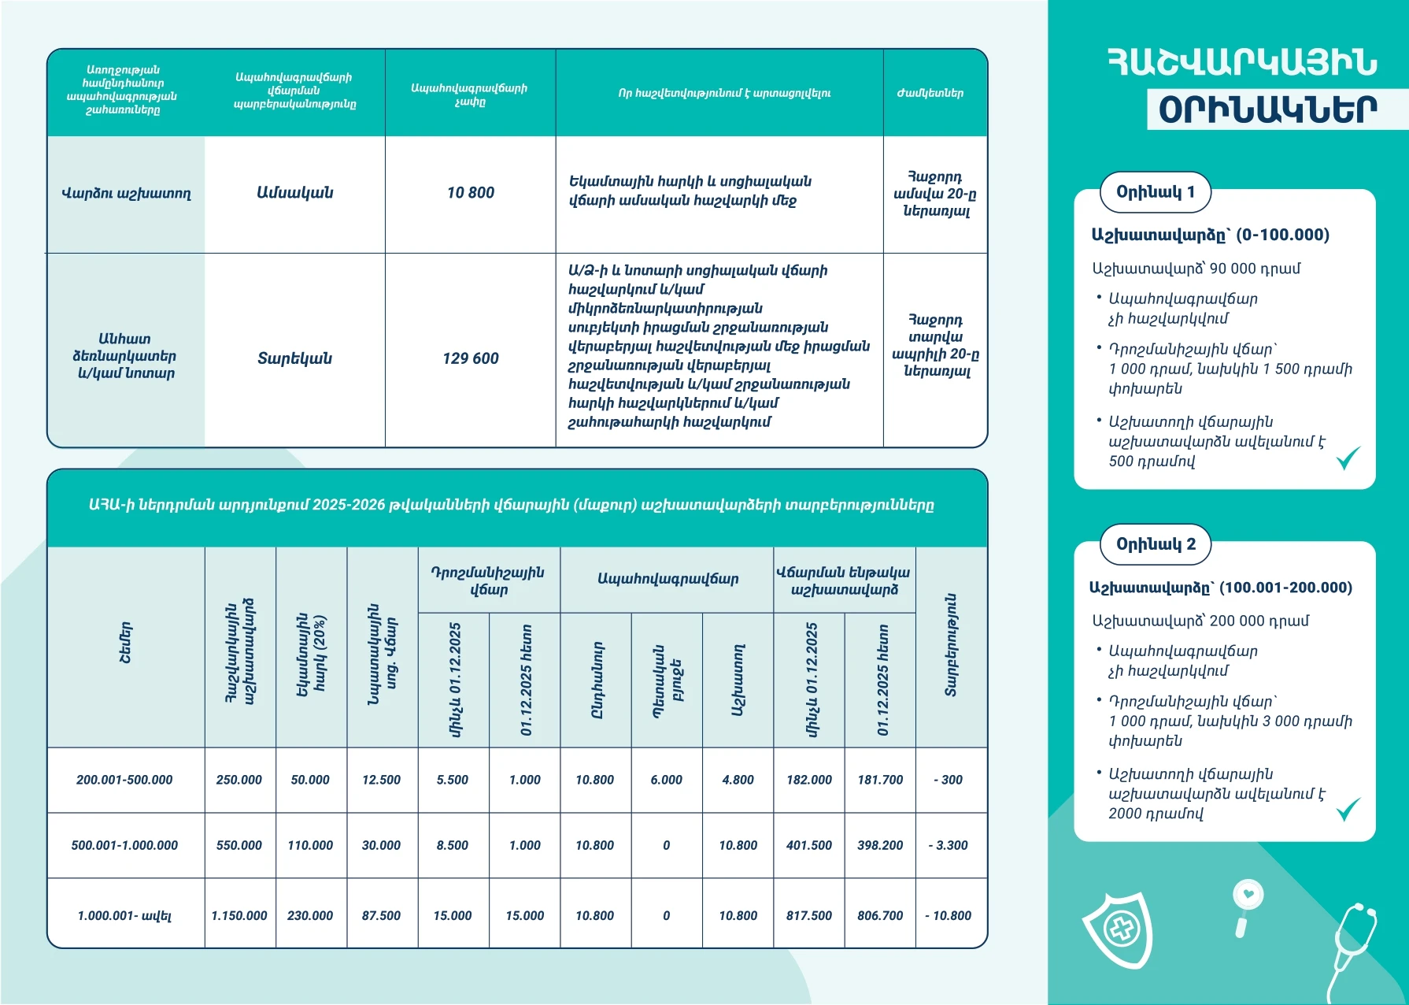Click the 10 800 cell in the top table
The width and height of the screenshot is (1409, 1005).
pos(470,193)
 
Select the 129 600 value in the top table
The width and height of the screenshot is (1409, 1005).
pos(470,358)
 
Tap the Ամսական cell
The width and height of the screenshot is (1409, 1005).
pos(294,193)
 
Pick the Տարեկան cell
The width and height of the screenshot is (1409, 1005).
pos(294,358)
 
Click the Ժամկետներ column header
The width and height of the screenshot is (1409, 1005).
pos(930,93)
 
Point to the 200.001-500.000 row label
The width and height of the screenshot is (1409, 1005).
pos(124,780)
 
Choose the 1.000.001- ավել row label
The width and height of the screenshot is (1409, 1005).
pos(124,915)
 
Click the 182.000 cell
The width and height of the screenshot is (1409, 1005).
pos(808,780)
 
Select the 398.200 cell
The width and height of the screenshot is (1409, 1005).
pos(879,845)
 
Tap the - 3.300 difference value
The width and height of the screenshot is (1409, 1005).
pos(951,845)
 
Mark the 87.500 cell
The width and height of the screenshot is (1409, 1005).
pos(381,915)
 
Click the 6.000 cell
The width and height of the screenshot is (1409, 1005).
pos(666,780)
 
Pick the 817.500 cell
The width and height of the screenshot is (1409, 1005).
pos(808,915)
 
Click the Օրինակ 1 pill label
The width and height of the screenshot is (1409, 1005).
pos(1155,192)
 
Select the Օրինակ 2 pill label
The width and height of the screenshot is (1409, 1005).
pos(1155,544)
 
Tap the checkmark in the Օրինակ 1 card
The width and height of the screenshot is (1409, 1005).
pos(1348,458)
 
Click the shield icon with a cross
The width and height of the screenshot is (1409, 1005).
pos(1118,930)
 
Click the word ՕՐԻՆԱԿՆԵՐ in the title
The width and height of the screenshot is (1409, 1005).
pos(1267,110)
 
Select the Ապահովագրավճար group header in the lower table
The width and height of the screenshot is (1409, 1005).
pos(668,580)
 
